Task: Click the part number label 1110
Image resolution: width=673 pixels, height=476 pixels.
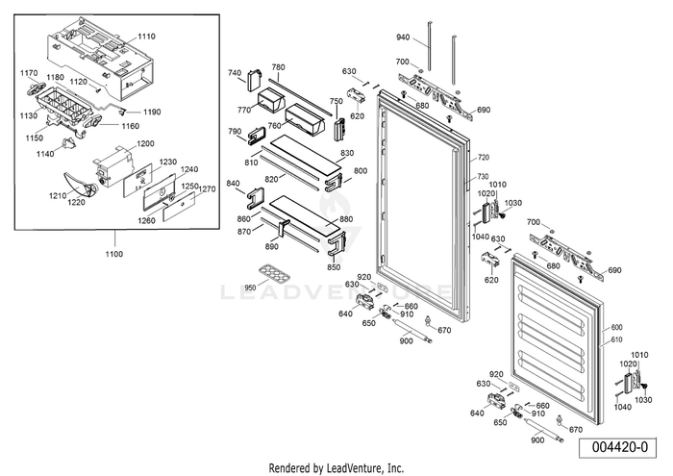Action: tap(145, 36)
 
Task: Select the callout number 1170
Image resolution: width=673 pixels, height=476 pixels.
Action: tap(29, 72)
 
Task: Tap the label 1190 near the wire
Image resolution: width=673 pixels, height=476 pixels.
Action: tap(153, 113)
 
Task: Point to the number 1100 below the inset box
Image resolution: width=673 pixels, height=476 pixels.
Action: tap(113, 253)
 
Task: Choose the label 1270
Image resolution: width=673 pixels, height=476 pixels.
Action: tap(209, 190)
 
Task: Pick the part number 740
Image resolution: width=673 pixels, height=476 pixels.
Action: tap(234, 73)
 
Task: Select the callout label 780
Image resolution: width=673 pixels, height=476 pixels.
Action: tap(279, 67)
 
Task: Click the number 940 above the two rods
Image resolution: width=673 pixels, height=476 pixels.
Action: tap(404, 38)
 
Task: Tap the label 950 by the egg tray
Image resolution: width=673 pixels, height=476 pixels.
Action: tap(251, 288)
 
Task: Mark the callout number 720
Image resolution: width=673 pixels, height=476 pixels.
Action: tap(484, 157)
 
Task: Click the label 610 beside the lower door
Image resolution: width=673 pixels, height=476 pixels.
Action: tap(617, 340)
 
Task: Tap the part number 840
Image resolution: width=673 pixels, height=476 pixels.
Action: tap(233, 183)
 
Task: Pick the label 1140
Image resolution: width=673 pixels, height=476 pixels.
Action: tap(45, 154)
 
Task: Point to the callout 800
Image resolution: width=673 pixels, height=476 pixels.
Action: tap(361, 171)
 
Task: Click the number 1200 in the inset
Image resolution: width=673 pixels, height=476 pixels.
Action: tap(145, 143)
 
